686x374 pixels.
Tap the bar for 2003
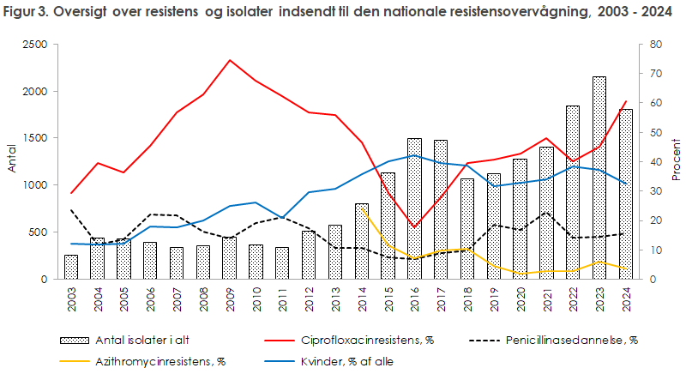pos(71,267)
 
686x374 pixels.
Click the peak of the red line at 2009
pos(229,60)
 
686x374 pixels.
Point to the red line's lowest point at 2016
pos(414,227)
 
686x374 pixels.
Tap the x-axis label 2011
pos(282,296)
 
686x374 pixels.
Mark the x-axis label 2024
pos(625,296)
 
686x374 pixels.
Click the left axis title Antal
pos(11,161)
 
